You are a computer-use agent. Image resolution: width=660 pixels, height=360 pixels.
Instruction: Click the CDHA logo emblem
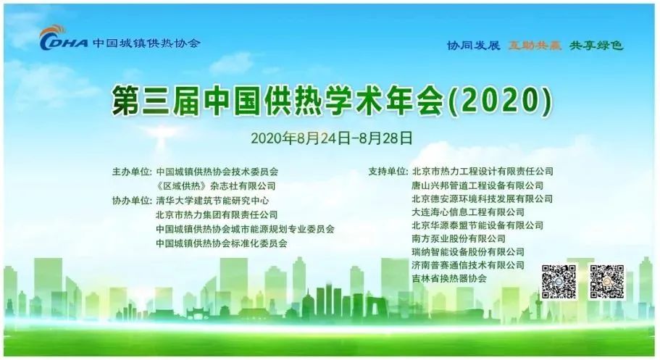pyautogui.click(x=64, y=38)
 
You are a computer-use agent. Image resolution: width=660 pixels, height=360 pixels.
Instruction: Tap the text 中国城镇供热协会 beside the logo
pyautogui.click(x=146, y=43)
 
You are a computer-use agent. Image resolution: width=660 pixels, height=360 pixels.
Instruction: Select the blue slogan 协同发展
pyautogui.click(x=474, y=45)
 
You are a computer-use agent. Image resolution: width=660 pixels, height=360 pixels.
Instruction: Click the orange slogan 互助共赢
pyautogui.click(x=535, y=45)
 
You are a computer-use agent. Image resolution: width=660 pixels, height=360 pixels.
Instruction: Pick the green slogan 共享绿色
pyautogui.click(x=596, y=45)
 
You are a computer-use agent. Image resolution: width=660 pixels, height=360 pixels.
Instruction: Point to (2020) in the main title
pyautogui.click(x=501, y=101)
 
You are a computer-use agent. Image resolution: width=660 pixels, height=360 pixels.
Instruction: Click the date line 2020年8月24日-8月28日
pyautogui.click(x=332, y=138)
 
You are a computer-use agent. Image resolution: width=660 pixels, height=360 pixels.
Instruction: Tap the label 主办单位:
pyautogui.click(x=132, y=172)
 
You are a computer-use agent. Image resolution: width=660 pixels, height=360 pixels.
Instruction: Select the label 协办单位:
pyautogui.click(x=132, y=201)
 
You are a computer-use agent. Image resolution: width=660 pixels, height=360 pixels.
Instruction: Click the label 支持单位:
pyautogui.click(x=388, y=172)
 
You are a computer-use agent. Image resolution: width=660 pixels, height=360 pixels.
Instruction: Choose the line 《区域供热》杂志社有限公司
pyautogui.click(x=215, y=185)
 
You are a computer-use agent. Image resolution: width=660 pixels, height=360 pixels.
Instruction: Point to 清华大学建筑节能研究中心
pyautogui.click(x=212, y=201)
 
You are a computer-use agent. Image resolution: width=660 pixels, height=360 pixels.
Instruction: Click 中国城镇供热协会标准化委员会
pyautogui.click(x=222, y=243)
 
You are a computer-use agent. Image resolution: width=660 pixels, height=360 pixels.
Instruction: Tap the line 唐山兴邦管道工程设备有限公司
pyautogui.click(x=477, y=185)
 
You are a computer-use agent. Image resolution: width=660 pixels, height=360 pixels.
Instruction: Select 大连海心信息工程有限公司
pyautogui.click(x=468, y=212)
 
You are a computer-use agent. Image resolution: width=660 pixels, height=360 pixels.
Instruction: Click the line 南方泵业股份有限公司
pyautogui.click(x=459, y=239)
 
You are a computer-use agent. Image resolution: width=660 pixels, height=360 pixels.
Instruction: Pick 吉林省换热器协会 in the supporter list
pyautogui.click(x=449, y=278)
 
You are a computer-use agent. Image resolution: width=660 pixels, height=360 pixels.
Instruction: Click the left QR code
pyautogui.click(x=559, y=282)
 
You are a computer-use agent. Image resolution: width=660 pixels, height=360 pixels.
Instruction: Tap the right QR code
pyautogui.click(x=607, y=282)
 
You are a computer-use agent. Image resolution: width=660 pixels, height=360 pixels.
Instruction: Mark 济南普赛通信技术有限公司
pyautogui.click(x=468, y=265)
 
